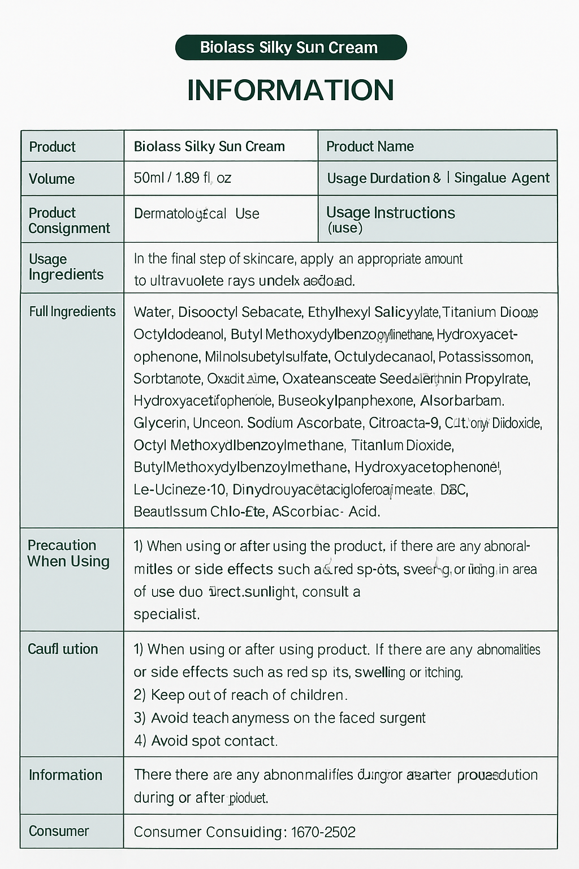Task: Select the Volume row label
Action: (51, 179)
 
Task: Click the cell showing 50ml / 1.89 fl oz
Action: (182, 178)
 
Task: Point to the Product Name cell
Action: (370, 147)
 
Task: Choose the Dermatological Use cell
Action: (196, 214)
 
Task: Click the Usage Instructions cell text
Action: (390, 213)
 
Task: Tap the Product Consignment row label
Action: (69, 221)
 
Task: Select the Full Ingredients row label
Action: (72, 312)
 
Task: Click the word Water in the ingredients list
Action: (153, 312)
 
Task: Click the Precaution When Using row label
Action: (68, 553)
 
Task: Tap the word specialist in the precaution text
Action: (166, 614)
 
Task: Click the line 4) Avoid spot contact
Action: (206, 741)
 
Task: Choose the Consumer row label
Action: (59, 831)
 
